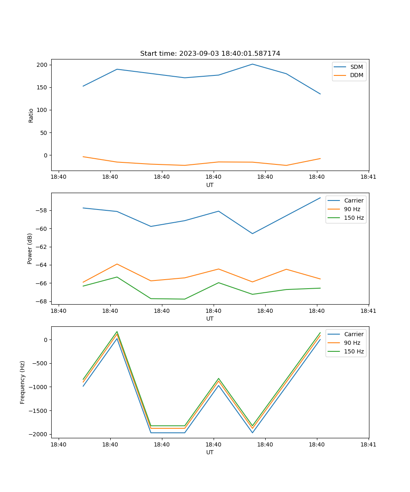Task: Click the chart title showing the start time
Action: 210,54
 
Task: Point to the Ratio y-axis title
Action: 31,115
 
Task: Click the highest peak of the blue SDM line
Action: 252,64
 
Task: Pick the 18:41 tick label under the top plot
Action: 369,177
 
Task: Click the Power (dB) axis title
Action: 30,248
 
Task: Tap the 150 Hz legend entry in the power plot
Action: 354,218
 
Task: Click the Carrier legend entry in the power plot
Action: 354,200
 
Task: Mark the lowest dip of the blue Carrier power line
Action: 252,234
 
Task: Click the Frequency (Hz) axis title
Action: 23,382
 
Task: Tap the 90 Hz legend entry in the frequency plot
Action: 352,343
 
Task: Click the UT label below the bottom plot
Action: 210,452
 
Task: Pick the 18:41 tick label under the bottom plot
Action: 369,444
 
